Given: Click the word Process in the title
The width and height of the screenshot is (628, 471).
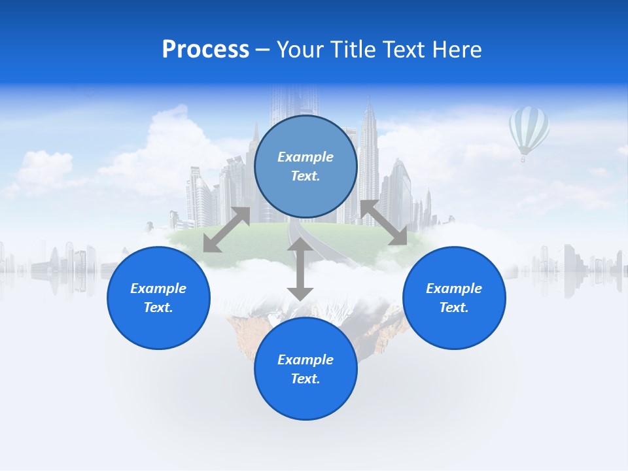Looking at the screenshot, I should pos(205,50).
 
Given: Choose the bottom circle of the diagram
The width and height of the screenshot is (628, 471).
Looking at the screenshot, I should pos(305,399).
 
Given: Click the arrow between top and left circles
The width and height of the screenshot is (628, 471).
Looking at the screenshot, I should pos(226,230).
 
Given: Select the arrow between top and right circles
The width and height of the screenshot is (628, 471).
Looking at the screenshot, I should pos(383,223).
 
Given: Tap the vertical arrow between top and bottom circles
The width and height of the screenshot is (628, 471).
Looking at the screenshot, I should pos(300,269).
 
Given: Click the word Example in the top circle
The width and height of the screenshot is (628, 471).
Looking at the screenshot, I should pos(305,157).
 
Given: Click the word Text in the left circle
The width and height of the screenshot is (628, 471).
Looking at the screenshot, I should pos(158,307).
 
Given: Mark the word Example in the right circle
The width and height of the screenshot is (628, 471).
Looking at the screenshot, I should pos(454,288).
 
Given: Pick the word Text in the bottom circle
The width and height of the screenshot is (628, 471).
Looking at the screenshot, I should pos(305,379).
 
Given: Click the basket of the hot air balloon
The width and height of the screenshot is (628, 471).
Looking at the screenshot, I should pos(523,159).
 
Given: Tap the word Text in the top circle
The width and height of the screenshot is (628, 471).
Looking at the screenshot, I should pos(305,176).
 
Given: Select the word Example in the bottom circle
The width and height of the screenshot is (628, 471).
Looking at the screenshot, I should pos(305,360).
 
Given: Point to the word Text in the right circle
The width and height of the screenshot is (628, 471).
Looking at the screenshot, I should pos(454,307).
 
